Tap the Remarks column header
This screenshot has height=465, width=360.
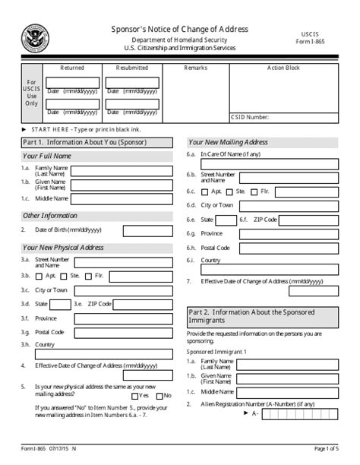pyautogui.click(x=196, y=68)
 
